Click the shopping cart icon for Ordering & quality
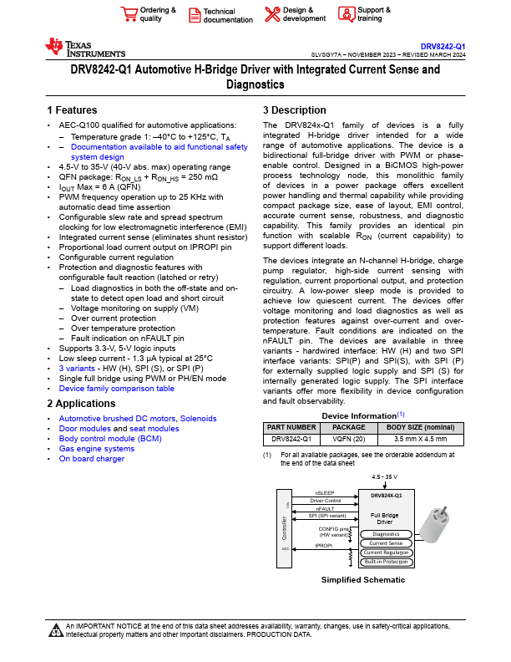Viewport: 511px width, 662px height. [x=129, y=13]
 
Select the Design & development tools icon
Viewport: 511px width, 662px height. [x=272, y=13]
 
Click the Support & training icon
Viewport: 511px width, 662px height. [x=346, y=13]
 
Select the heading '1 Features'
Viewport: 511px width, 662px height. [x=72, y=110]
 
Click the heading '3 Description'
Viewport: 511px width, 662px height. [x=294, y=110]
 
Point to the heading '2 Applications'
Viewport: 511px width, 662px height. [x=81, y=405]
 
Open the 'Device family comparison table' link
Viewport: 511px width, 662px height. [x=116, y=389]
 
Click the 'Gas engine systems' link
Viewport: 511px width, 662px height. [x=96, y=449]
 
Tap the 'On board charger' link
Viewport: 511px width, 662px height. [x=91, y=459]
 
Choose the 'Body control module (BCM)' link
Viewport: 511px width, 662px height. [x=110, y=439]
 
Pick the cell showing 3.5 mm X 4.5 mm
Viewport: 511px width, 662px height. [x=420, y=438]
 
